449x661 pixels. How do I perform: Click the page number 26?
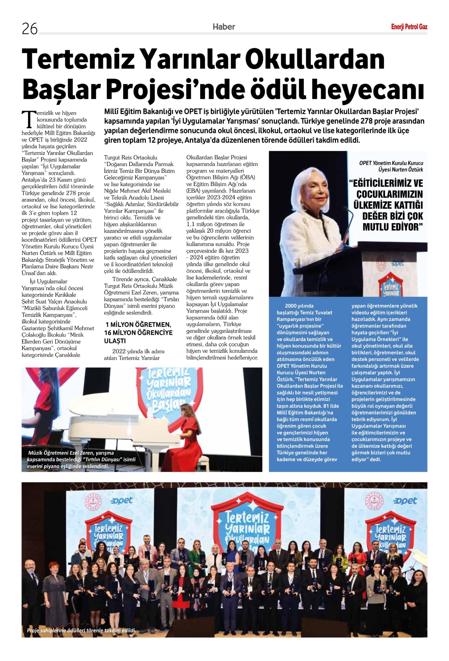[x=30, y=29]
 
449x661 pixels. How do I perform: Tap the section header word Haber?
[x=224, y=27]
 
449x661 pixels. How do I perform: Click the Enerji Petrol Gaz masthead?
[x=409, y=27]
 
